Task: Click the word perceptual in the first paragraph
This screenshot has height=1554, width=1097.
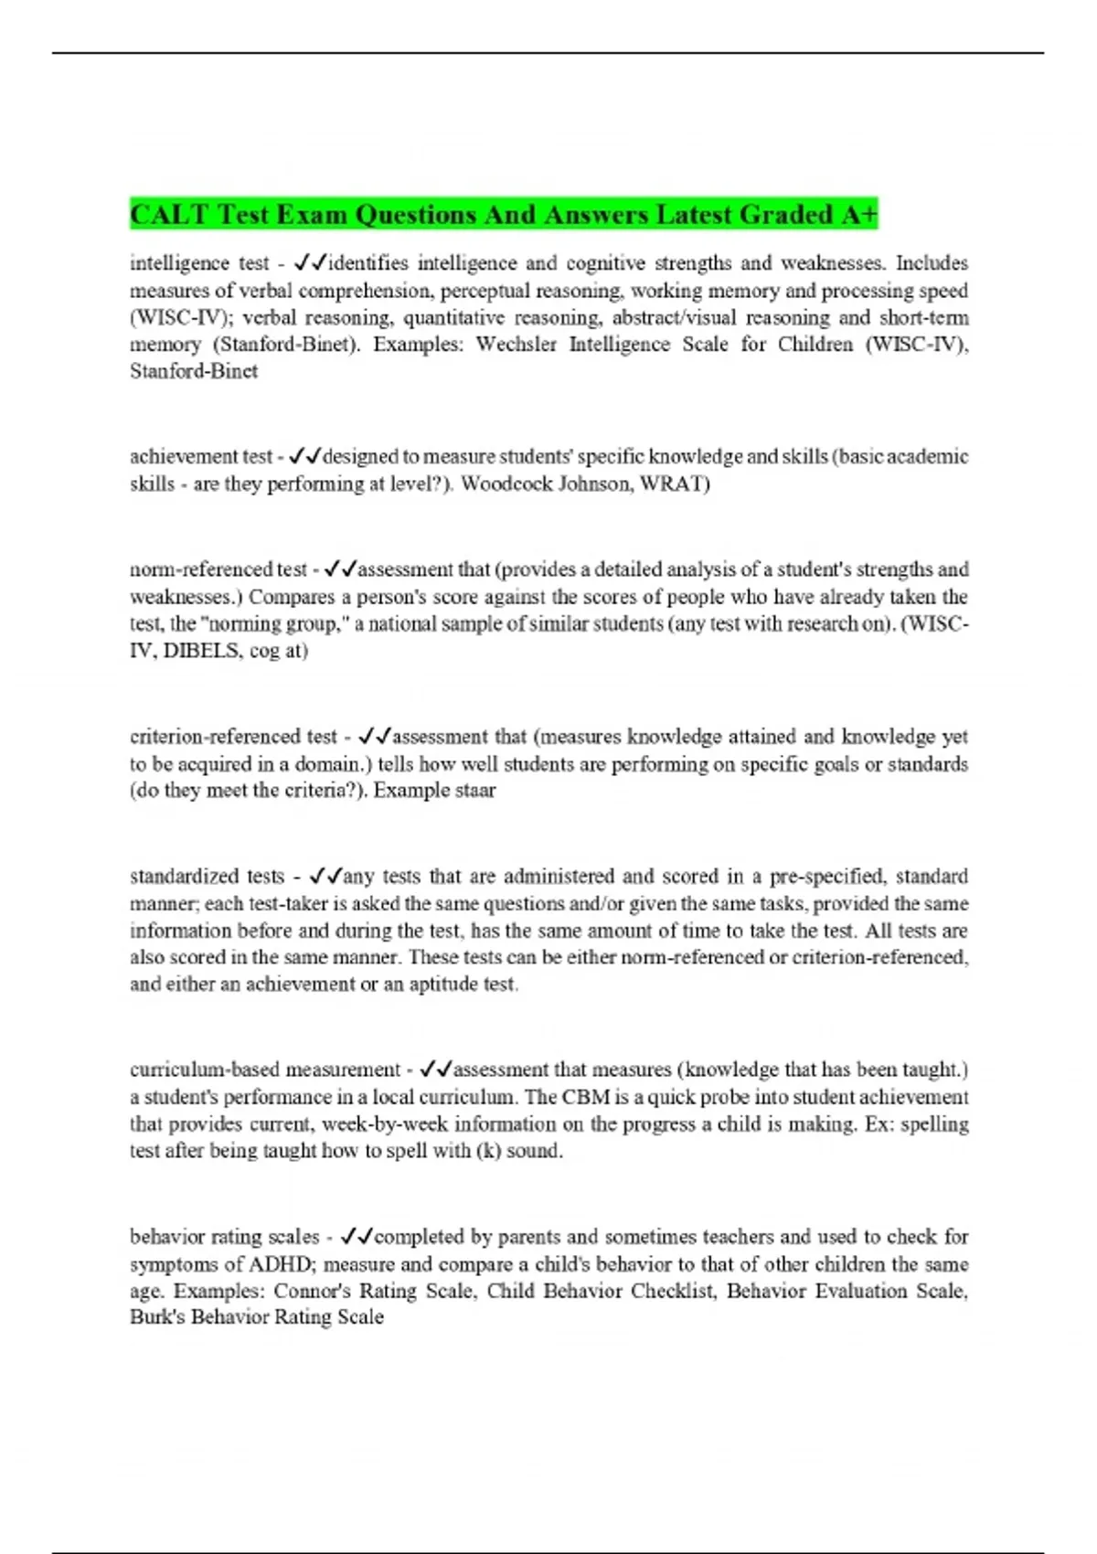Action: coord(483,291)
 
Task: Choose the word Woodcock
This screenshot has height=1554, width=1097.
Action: coord(502,484)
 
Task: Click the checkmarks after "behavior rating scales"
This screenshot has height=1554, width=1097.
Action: coord(356,1237)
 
